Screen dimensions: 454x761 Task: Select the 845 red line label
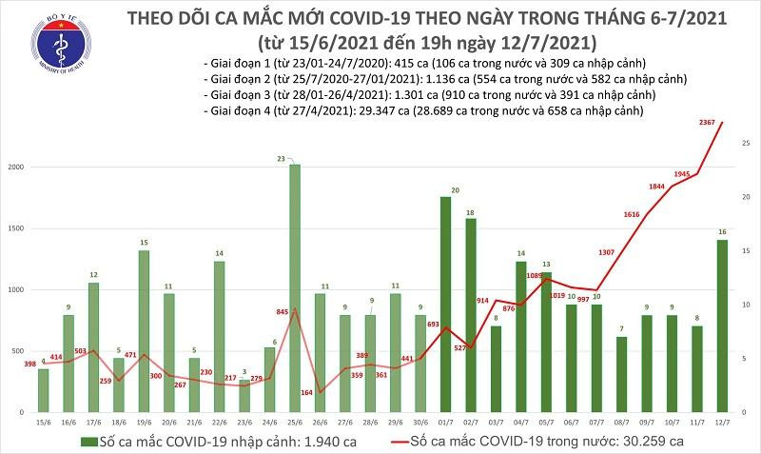(283, 310)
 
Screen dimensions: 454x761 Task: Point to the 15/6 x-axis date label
(44, 420)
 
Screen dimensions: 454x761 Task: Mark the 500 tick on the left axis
(20, 352)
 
